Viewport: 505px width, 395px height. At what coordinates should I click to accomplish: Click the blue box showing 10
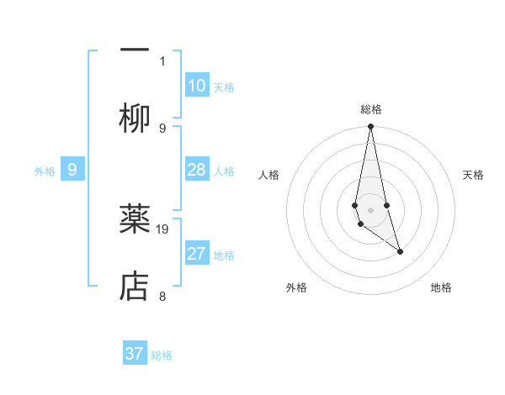tap(197, 86)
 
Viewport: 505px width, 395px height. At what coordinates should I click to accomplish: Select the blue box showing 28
tap(197, 170)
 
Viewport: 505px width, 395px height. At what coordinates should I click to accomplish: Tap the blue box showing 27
tap(197, 254)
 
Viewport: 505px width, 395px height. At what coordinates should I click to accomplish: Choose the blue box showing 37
tap(135, 354)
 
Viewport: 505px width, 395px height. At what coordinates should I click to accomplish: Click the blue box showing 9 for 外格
tap(72, 170)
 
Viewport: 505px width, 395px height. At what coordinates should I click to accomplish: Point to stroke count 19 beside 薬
tap(163, 229)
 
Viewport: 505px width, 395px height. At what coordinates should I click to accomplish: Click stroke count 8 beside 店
tap(162, 296)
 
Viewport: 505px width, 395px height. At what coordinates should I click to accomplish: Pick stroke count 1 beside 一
tap(162, 61)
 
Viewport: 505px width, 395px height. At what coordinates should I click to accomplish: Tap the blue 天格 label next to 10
tap(224, 87)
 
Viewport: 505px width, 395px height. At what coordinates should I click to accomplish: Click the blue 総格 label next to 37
tap(162, 355)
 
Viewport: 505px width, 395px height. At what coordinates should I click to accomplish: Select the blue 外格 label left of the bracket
tap(45, 171)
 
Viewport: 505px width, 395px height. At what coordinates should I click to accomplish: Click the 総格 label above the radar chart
tap(371, 109)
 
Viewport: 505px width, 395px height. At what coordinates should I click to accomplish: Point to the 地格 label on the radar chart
tap(441, 287)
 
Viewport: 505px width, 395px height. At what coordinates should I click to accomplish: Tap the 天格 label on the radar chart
tap(474, 175)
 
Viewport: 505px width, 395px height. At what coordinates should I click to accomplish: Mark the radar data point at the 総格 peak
tap(370, 127)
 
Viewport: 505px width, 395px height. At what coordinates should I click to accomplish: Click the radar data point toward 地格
tap(400, 251)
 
